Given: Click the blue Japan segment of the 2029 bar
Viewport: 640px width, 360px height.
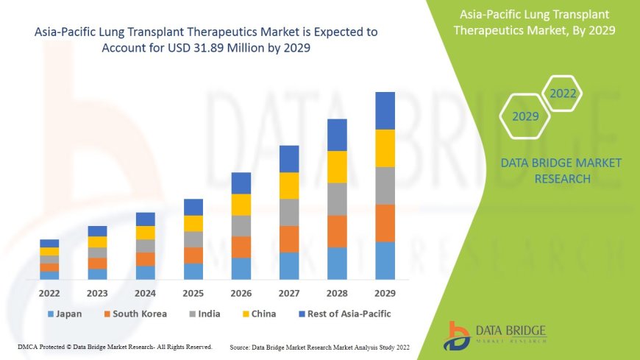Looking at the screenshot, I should (x=385, y=261).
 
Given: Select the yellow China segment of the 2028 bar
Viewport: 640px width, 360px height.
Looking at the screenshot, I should (x=337, y=167).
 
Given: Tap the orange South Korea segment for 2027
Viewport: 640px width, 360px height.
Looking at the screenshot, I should (x=289, y=239).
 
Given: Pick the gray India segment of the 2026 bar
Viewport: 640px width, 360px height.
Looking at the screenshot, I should (x=241, y=226).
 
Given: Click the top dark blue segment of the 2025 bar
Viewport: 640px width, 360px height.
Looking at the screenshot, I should (x=193, y=207).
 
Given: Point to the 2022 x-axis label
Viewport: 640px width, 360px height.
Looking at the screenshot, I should (x=50, y=292).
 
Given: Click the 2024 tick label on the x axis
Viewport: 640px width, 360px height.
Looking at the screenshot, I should (x=146, y=292).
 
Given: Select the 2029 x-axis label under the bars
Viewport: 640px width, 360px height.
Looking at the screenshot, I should (x=385, y=292).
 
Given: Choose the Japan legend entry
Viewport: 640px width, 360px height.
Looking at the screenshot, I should (x=65, y=314).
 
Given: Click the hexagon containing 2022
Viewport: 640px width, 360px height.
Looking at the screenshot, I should (x=563, y=93).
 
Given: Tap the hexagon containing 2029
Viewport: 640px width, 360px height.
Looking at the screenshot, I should (x=526, y=116).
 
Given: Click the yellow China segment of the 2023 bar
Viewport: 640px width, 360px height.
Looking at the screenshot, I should (x=98, y=241).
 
